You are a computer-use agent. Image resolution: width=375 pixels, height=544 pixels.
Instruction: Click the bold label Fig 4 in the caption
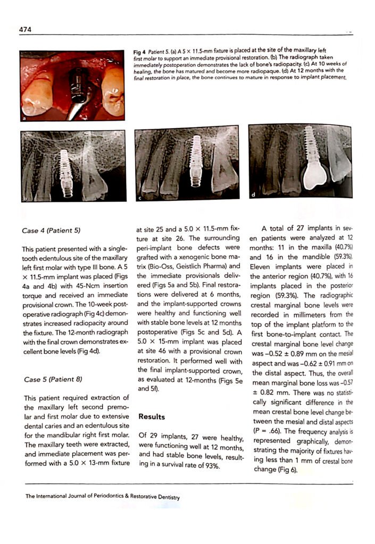tap(140, 52)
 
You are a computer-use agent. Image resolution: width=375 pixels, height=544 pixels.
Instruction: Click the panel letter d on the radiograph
tap(253, 194)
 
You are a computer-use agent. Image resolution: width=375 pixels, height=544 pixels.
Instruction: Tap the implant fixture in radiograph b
tap(67, 170)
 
